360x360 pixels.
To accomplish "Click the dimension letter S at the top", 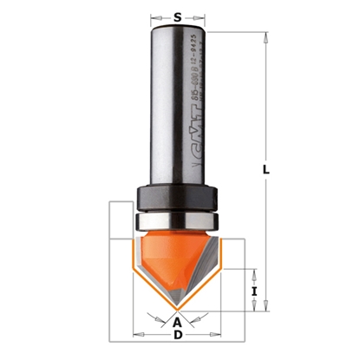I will (178, 16).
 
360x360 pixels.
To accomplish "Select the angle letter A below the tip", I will (178, 323).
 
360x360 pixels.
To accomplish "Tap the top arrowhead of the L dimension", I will (264, 36).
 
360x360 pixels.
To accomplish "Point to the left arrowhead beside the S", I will (156, 16).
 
